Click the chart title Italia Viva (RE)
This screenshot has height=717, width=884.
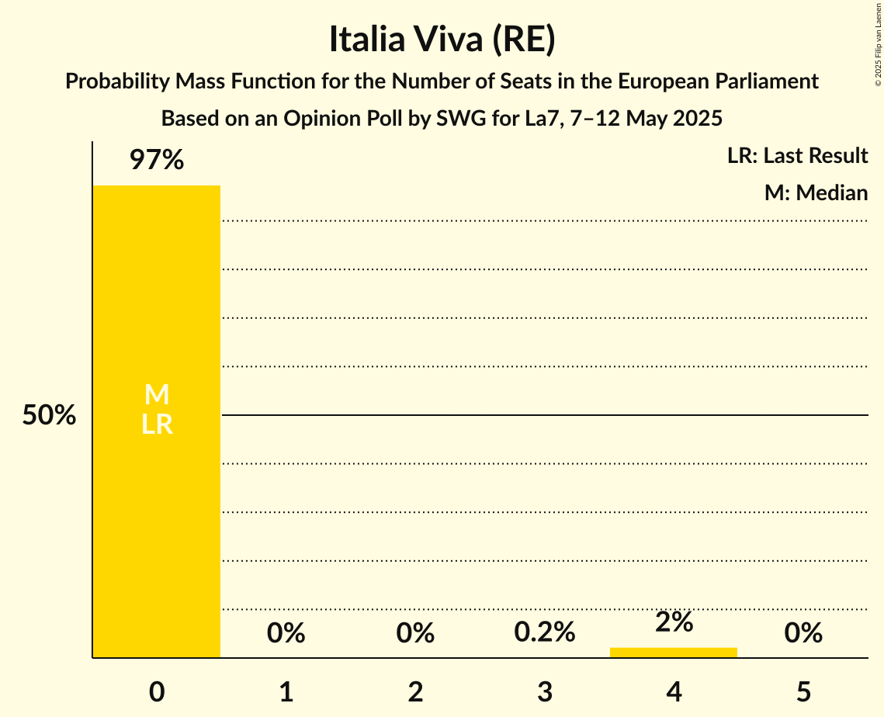point(442,40)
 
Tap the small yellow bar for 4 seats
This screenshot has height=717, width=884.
point(674,652)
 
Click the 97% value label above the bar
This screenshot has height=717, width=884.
point(157,161)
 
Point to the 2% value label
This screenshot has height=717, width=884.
point(674,622)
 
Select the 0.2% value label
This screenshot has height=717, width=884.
point(545,632)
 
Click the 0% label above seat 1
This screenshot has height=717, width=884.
point(286,633)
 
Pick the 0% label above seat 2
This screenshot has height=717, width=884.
point(415,633)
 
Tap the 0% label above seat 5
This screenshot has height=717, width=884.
point(803,633)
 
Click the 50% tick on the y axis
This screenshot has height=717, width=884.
point(49,416)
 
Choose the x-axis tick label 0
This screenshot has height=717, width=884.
point(157,691)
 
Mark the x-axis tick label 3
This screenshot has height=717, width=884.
point(545,691)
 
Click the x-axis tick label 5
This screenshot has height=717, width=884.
point(803,691)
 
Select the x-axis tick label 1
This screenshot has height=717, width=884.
point(286,691)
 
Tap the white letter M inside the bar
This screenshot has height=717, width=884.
point(157,395)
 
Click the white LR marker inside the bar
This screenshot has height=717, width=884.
point(157,424)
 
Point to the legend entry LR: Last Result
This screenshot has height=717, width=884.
point(797,156)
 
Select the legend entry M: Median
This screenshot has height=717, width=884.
point(816,192)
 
